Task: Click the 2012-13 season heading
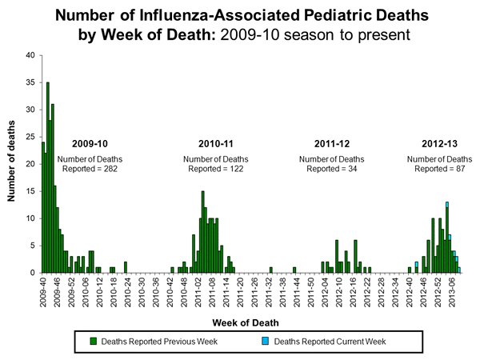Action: (x=438, y=143)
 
